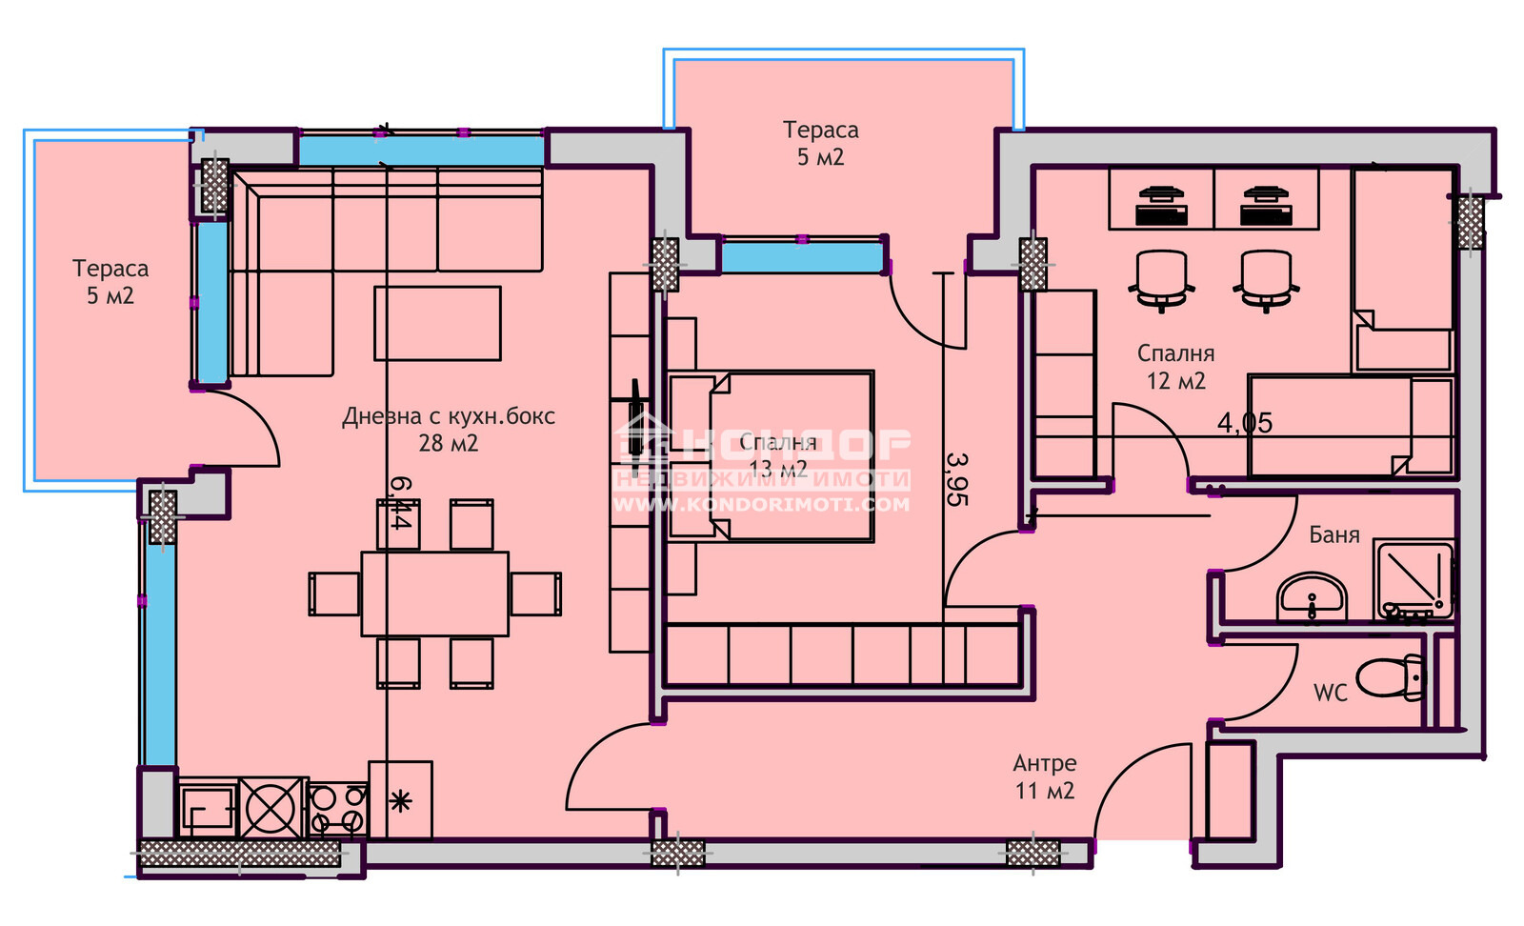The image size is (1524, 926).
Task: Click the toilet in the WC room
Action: (1389, 678)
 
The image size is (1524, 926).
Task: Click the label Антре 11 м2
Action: (1045, 776)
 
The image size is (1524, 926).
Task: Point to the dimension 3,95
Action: (957, 479)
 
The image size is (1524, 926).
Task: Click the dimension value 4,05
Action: (1244, 423)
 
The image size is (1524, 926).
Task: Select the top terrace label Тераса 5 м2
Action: (820, 143)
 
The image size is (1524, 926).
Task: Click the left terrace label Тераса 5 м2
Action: (110, 282)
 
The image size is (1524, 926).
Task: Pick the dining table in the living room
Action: (434, 594)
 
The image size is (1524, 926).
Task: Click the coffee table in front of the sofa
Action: (437, 324)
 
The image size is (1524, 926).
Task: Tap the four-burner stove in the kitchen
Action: (338, 808)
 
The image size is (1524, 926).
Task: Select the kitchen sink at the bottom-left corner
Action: (207, 810)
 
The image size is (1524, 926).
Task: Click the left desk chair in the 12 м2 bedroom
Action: (1161, 279)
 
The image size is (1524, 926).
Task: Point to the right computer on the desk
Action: (1266, 206)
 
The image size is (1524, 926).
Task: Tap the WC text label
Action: (1330, 693)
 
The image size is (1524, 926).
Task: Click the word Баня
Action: (1333, 535)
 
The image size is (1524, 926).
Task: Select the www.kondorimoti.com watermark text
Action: (760, 505)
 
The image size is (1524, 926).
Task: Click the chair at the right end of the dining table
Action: (535, 594)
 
